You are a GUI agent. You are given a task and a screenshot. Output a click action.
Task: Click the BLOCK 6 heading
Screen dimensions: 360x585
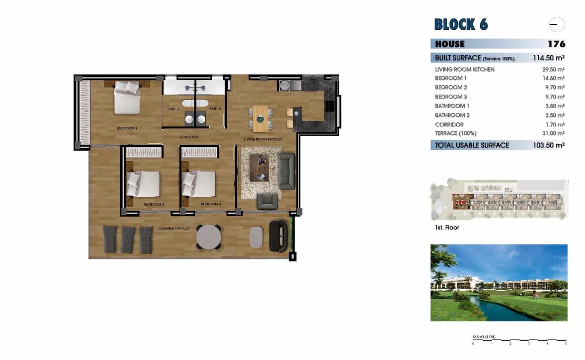(x=461, y=24)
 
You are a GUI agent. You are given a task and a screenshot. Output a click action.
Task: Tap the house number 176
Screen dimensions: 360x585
(x=556, y=44)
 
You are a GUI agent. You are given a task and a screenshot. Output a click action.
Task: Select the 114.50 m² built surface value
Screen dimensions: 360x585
(x=548, y=58)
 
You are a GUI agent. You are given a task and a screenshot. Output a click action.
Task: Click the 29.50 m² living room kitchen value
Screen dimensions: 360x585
(x=553, y=69)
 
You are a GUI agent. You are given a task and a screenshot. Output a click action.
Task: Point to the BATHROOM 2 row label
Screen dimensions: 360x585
(x=452, y=115)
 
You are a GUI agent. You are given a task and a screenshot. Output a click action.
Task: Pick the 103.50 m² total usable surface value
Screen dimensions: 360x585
(x=548, y=145)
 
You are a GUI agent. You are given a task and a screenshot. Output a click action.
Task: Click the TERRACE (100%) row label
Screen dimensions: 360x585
(x=456, y=133)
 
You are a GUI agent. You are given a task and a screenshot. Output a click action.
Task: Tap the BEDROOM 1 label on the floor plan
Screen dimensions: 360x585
(x=127, y=128)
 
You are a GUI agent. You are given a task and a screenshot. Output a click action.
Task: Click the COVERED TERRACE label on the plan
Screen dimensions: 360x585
(x=174, y=228)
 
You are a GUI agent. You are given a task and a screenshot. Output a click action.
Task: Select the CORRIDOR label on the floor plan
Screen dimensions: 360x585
(x=189, y=137)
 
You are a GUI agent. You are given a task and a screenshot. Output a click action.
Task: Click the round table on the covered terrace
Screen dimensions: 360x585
(x=208, y=237)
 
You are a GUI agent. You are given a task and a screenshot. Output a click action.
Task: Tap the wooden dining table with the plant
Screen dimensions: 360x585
(x=260, y=119)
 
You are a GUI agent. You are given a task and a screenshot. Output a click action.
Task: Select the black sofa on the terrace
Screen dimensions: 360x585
(x=278, y=236)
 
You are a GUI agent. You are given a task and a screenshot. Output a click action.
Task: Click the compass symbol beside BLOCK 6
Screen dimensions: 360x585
(x=556, y=25)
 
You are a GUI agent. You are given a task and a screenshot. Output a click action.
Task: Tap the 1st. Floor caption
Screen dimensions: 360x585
(x=447, y=227)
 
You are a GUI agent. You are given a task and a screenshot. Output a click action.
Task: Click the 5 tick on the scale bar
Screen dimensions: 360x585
(x=566, y=343)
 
